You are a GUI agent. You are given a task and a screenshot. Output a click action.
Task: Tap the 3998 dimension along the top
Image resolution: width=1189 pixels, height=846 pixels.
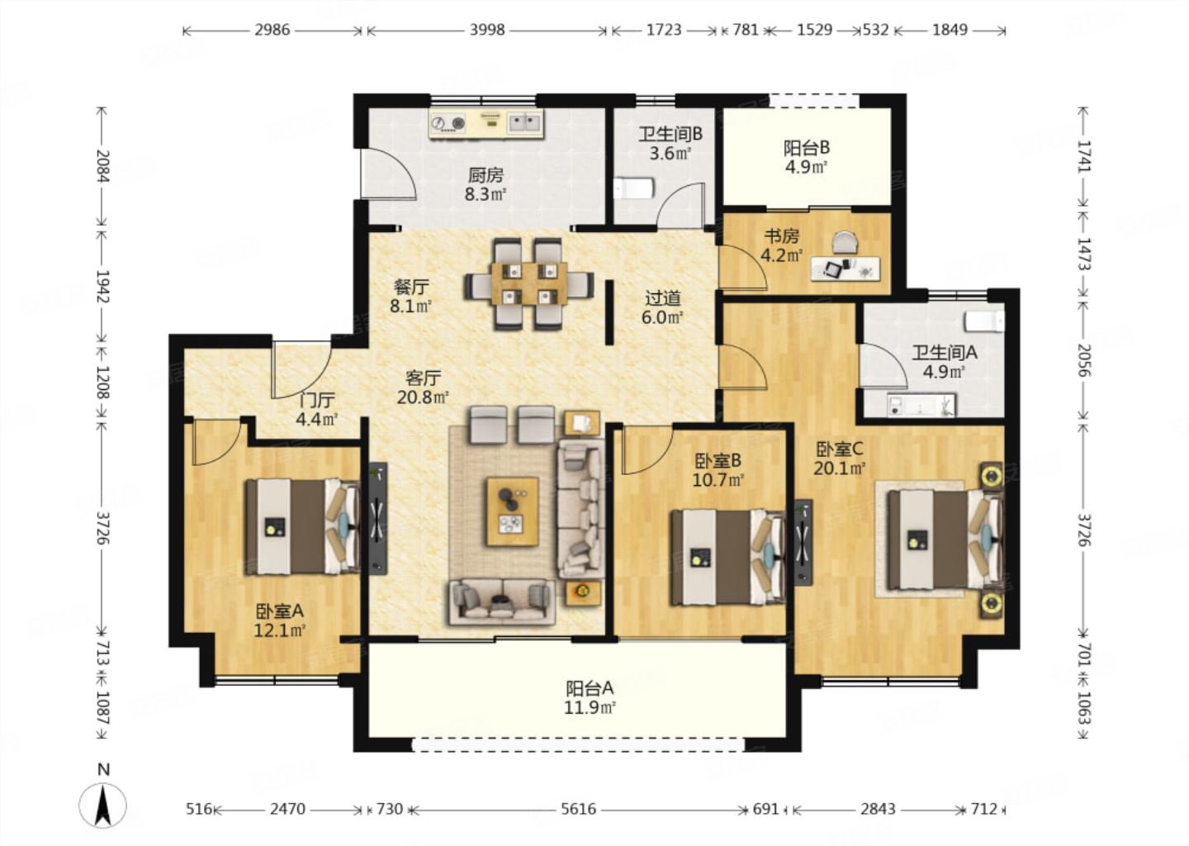click(487, 31)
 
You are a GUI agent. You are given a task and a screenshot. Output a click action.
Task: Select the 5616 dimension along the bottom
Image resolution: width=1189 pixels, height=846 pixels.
click(578, 809)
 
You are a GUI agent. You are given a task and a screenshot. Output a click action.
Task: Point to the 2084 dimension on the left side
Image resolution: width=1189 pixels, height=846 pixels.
click(102, 166)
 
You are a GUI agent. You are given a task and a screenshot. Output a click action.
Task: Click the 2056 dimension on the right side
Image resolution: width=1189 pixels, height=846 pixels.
click(1083, 360)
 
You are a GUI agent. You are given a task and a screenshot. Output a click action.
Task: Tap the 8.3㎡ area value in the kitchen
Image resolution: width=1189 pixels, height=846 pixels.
click(486, 194)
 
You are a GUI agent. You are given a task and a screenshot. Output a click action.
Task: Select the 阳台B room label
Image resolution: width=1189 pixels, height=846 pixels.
click(807, 148)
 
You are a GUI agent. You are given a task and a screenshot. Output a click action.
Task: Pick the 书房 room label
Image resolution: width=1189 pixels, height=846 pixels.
click(781, 235)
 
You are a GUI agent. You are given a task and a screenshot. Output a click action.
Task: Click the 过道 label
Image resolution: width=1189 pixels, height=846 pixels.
click(662, 298)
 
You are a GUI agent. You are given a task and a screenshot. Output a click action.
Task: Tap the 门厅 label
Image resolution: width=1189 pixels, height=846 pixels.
click(317, 400)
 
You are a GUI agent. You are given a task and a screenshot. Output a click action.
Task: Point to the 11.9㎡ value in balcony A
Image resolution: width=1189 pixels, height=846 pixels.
click(590, 708)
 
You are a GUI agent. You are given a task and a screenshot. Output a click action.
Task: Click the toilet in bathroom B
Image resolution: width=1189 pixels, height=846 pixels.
click(634, 188)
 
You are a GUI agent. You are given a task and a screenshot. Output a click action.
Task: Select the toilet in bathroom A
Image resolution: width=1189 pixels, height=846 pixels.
click(984, 322)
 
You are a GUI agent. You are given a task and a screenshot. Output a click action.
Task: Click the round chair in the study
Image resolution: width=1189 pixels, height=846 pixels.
click(845, 242)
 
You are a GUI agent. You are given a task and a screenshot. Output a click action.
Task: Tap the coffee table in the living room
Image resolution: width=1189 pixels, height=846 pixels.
click(513, 511)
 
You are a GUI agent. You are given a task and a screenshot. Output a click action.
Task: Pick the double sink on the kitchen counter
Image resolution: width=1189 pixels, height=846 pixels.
click(525, 123)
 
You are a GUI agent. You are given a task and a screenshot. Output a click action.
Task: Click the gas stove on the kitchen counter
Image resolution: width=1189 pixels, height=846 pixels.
click(448, 124)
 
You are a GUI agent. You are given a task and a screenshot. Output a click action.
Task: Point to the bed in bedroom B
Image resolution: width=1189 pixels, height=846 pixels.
click(727, 557)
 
